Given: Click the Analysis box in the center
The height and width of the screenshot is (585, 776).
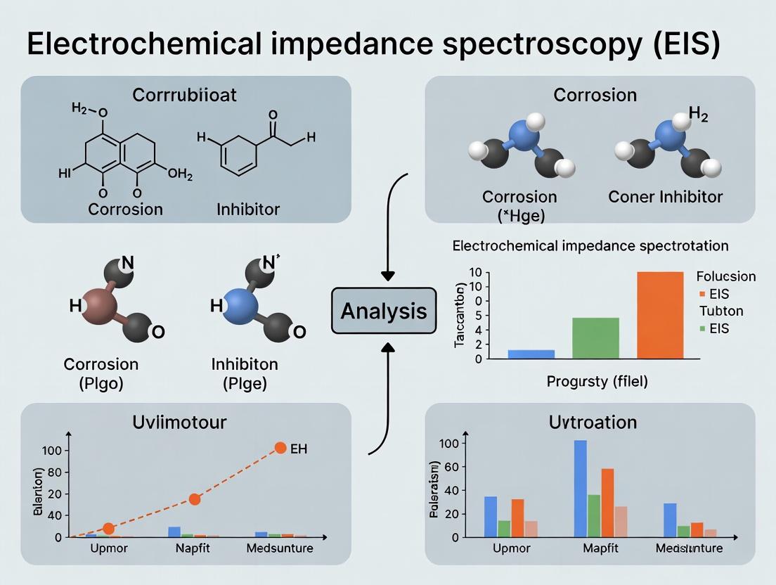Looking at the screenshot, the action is (383, 310).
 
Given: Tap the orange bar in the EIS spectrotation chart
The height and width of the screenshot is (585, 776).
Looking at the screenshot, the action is (659, 315).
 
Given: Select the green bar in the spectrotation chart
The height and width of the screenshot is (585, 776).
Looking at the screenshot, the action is (595, 338).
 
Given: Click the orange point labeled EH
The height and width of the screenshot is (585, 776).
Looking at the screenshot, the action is (280, 448).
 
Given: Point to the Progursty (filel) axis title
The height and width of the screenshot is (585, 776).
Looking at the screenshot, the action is (597, 382).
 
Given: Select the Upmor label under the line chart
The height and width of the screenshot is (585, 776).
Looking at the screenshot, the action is (109, 548).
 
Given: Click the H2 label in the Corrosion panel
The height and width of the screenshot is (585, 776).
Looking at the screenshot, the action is (697, 115).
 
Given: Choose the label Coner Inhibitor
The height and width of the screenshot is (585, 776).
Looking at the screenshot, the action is (665, 196).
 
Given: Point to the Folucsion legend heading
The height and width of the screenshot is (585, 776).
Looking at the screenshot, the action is (725, 276).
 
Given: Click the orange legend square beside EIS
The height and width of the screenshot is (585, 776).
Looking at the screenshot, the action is (701, 294).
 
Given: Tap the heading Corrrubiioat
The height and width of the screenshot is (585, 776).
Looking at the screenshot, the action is (186, 95).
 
